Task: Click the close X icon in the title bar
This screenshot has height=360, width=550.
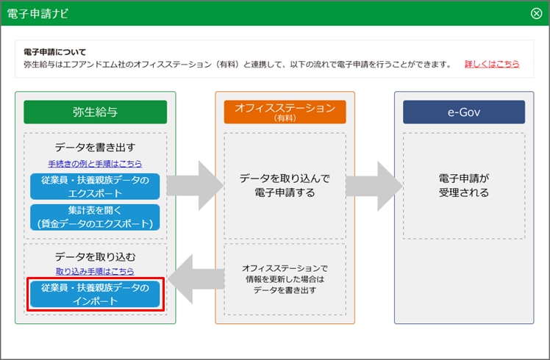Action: pyautogui.click(x=536, y=13)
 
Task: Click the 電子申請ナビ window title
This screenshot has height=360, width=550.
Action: pyautogui.click(x=37, y=13)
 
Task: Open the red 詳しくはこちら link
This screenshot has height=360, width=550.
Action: pyautogui.click(x=492, y=64)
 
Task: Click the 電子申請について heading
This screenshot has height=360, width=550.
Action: pyautogui.click(x=54, y=52)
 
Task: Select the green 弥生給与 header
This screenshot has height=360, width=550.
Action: pyautogui.click(x=96, y=112)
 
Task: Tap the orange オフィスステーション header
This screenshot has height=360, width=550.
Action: pyautogui.click(x=285, y=112)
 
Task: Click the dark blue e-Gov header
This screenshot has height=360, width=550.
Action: pyautogui.click(x=464, y=112)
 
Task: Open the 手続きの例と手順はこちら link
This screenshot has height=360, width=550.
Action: pyautogui.click(x=95, y=164)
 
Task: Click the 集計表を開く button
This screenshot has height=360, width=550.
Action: pyautogui.click(x=95, y=217)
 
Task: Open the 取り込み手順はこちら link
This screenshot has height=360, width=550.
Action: pyautogui.click(x=95, y=271)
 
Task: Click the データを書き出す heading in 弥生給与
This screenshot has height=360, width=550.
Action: pyautogui.click(x=95, y=148)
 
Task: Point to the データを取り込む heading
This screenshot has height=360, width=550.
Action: pyautogui.click(x=95, y=257)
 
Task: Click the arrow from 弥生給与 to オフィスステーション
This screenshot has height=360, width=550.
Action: pyautogui.click(x=195, y=185)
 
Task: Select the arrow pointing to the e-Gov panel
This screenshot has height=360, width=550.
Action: pyautogui.click(x=374, y=186)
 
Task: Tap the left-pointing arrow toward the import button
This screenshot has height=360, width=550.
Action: pyautogui.click(x=196, y=279)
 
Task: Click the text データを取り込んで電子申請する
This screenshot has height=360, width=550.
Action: pyautogui.click(x=285, y=185)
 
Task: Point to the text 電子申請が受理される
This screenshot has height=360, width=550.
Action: pyautogui.click(x=464, y=185)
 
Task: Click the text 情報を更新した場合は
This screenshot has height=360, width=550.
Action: pyautogui.click(x=285, y=279)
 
